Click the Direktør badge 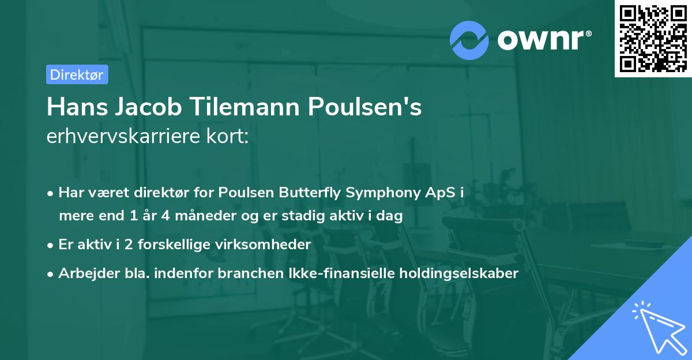tap(77, 75)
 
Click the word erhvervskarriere tap(126, 137)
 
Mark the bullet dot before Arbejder tap(51, 273)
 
